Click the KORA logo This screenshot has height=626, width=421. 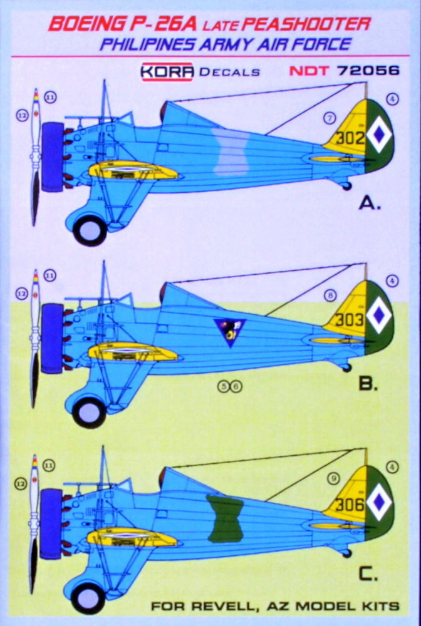(x=167, y=72)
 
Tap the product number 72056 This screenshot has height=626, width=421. (x=368, y=71)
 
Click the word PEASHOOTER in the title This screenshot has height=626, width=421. (x=306, y=24)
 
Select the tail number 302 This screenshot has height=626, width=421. (x=350, y=138)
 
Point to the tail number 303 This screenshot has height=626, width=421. (x=350, y=319)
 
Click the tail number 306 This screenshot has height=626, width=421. (x=350, y=505)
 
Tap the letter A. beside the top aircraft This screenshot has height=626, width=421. (x=370, y=203)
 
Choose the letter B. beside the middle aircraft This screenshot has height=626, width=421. (x=368, y=384)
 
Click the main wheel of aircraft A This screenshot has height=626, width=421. (x=90, y=230)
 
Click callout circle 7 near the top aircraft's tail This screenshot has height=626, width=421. (x=330, y=118)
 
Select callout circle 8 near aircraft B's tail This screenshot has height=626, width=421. (x=330, y=296)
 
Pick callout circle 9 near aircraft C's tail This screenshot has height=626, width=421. (x=333, y=478)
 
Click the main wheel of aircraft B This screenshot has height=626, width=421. (x=90, y=413)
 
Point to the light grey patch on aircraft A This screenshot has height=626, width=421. (x=231, y=151)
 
